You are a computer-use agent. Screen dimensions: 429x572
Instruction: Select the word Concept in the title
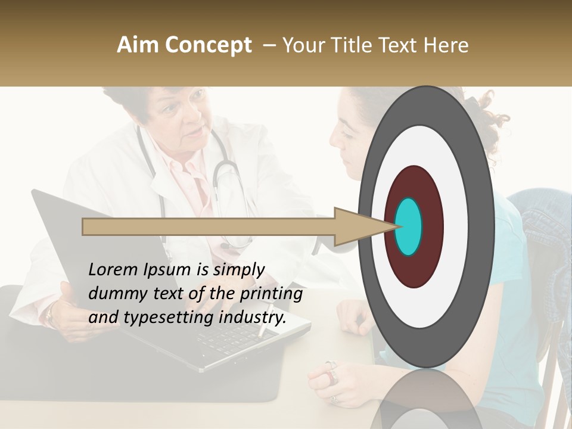[x=208, y=45]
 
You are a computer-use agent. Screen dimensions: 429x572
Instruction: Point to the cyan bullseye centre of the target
[x=408, y=226]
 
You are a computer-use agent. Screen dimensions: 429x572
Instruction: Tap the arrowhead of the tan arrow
[x=357, y=226]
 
